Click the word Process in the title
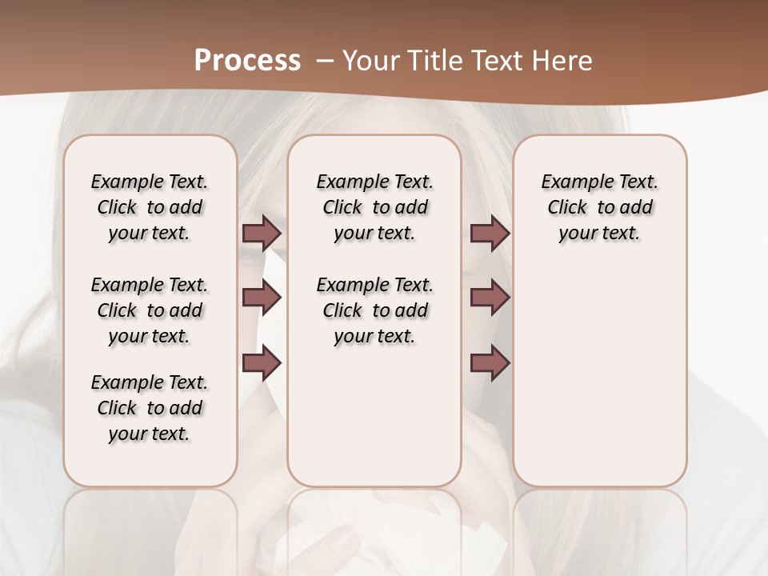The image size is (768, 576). tap(247, 61)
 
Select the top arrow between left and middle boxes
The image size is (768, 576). tap(262, 234)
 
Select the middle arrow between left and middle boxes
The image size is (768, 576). tap(262, 298)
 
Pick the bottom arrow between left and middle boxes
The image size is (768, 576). tap(262, 362)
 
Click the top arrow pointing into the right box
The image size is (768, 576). tap(490, 234)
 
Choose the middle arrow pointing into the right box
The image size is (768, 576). tap(490, 298)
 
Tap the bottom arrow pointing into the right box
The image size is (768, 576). tap(490, 362)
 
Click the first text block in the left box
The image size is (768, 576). tap(150, 207)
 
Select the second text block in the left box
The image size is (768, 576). tap(150, 310)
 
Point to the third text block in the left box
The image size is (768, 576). tap(150, 408)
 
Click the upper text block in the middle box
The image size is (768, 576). tap(374, 207)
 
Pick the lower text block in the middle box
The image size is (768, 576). tap(374, 310)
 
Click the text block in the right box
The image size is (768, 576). tap(599, 207)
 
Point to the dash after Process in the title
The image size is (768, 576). tap(324, 61)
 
